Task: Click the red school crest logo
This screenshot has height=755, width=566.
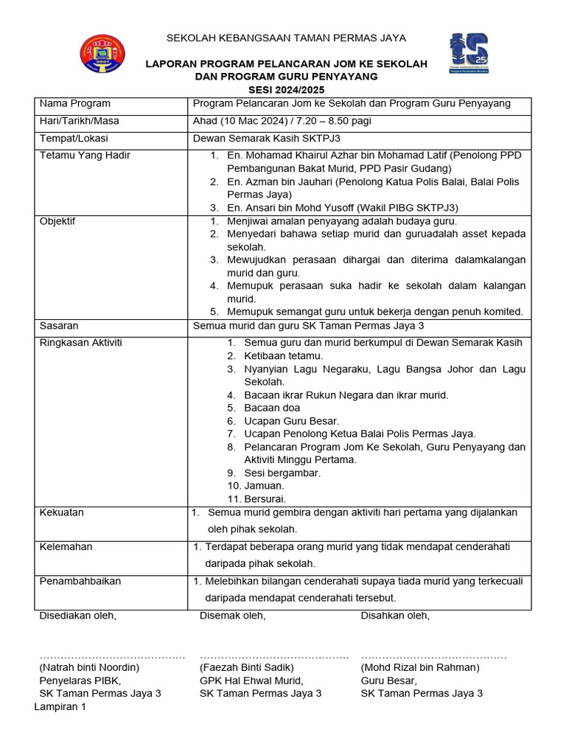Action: pos(102,54)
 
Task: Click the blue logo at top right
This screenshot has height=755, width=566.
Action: pos(471,52)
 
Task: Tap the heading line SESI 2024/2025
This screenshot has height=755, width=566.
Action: pos(286,88)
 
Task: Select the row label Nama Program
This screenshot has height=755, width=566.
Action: pos(74,104)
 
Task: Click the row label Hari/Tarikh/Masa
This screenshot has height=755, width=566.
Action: pos(80,121)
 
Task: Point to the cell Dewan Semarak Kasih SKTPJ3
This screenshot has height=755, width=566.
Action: pos(266,139)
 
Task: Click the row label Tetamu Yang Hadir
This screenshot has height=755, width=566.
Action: pos(85,156)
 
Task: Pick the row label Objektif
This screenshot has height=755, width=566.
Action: pos(57,221)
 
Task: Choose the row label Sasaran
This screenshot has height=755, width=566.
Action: pos(59,325)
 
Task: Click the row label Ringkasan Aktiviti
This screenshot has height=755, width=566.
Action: pos(81,343)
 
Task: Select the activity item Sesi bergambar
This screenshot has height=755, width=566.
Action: pos(282,473)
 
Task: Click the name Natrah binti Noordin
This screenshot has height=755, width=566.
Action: pos(89,667)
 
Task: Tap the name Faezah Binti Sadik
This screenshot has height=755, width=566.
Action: pos(247,667)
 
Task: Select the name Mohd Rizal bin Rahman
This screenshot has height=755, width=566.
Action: pos(420,667)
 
